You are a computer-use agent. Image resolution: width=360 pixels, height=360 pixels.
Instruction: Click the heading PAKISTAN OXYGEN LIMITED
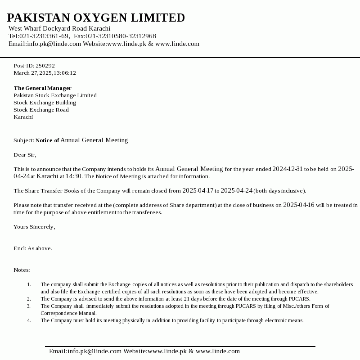coord(96,18)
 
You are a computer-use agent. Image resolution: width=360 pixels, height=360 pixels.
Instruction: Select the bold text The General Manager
coord(42,88)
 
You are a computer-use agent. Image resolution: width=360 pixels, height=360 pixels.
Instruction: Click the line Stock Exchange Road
coord(41,110)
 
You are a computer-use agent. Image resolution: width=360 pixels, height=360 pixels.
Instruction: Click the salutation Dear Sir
coord(24,155)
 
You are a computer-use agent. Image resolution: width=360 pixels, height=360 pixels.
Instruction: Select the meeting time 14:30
coord(74,176)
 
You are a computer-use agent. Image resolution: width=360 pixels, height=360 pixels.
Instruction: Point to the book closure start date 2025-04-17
coord(198,191)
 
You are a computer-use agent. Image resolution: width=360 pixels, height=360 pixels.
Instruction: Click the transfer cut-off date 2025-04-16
coord(299,205)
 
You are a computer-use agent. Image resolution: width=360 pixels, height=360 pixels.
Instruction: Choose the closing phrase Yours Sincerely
coord(34,227)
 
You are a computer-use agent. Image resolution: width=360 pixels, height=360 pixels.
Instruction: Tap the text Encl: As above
coord(33,248)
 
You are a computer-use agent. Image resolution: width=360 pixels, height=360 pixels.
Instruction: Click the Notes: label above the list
coord(22,270)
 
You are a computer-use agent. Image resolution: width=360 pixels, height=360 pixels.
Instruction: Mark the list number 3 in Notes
coord(29,306)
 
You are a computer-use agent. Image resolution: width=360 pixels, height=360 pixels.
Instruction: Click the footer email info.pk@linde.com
coord(85,351)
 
